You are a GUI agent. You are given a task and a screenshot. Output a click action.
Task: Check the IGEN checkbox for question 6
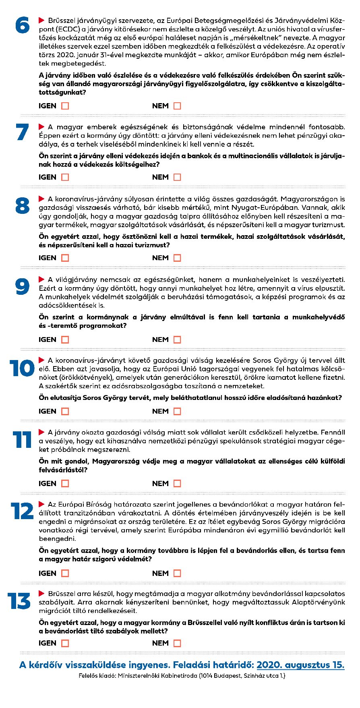(x=65, y=106)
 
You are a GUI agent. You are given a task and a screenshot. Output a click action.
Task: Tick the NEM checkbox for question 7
(x=177, y=177)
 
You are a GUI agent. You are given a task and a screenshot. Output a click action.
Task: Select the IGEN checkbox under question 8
(x=65, y=258)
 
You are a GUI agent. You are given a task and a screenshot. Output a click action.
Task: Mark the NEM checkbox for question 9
(x=177, y=340)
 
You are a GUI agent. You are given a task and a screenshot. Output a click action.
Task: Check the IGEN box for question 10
(x=65, y=411)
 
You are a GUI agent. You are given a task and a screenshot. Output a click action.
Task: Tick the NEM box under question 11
(x=177, y=483)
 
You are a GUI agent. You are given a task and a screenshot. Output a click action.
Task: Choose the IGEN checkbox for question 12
(x=65, y=573)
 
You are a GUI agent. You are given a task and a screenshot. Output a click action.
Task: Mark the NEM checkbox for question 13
(x=177, y=643)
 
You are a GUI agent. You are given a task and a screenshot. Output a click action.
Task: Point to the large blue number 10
(x=22, y=368)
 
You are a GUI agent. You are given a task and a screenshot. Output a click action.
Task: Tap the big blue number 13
(x=19, y=602)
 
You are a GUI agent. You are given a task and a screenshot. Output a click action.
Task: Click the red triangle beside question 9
(x=41, y=279)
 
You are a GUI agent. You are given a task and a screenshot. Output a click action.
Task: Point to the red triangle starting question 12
(x=41, y=504)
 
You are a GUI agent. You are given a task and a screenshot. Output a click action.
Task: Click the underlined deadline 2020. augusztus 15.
(x=300, y=665)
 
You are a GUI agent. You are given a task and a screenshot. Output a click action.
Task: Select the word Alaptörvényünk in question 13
(x=319, y=602)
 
